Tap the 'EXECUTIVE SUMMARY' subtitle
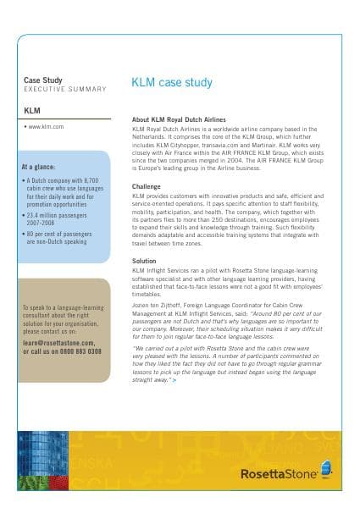[x=64, y=89]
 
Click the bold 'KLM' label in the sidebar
[x=32, y=110]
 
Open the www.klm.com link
[x=46, y=126]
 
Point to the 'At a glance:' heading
[x=40, y=167]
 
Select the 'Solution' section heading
[x=145, y=261]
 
